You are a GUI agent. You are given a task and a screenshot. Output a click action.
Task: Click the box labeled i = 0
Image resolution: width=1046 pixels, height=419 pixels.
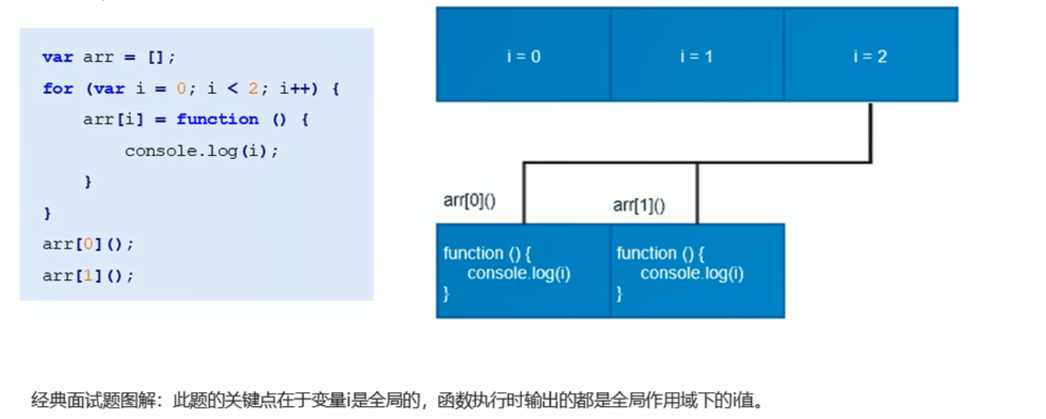[523, 55]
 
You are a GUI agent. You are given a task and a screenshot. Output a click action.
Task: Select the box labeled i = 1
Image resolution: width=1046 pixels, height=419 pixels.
[697, 55]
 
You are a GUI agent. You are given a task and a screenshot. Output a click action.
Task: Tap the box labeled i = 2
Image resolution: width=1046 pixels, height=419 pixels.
[870, 55]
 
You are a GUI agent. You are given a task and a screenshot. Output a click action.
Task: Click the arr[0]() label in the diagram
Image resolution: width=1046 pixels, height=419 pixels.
[470, 201]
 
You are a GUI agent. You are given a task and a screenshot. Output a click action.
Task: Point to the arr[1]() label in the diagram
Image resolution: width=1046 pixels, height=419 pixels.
[639, 205]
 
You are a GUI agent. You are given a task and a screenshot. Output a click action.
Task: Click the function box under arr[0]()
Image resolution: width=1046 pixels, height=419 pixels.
[523, 271]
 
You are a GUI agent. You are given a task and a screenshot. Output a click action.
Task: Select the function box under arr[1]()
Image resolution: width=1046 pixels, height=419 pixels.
[697, 271]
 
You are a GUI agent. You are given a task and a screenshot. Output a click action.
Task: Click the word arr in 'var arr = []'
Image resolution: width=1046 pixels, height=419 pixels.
[98, 58]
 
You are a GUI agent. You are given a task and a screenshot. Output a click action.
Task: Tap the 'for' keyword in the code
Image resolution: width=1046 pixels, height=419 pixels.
[58, 89]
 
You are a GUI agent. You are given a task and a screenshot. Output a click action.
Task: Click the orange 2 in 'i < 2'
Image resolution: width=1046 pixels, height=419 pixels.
[254, 89]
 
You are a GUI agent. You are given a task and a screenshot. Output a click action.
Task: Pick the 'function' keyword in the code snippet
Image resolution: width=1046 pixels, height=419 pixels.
[218, 119]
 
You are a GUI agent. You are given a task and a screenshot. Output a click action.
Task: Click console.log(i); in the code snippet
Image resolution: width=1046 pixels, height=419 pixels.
[202, 151]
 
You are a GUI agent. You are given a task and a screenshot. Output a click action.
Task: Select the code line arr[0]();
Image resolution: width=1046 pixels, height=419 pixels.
[88, 244]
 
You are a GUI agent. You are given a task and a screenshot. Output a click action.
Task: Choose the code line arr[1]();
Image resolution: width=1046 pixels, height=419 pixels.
[88, 276]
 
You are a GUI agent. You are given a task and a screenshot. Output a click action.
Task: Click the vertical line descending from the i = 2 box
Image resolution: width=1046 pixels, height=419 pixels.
[870, 132]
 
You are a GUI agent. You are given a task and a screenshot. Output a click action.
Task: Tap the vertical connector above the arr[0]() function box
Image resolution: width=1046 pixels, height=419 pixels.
[523, 192]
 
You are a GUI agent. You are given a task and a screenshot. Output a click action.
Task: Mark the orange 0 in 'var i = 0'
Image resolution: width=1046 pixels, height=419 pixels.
[181, 89]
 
